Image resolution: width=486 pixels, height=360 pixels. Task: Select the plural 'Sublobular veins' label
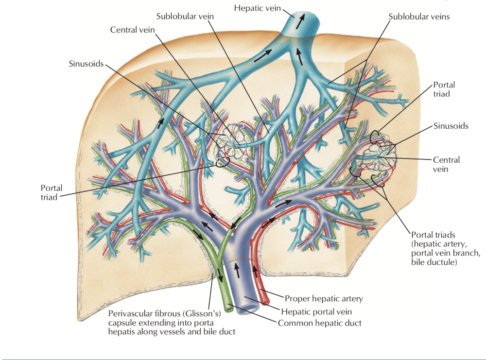(419, 17)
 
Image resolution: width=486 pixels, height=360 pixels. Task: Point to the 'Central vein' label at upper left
(132, 30)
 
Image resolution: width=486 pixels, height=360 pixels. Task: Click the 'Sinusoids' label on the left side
(86, 64)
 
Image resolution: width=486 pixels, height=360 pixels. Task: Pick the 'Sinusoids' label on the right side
(451, 126)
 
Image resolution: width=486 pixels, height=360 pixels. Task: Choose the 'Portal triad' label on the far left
(52, 192)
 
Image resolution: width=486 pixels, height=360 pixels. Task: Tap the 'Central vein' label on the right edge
(446, 164)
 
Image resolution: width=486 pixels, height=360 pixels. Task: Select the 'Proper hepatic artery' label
(324, 299)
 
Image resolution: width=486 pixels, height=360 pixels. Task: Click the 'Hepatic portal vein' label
(320, 311)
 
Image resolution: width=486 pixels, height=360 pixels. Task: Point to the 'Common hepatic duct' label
(319, 323)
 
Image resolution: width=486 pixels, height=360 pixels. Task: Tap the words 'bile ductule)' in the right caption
(434, 263)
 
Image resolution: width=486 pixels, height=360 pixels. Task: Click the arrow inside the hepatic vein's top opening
(302, 19)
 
